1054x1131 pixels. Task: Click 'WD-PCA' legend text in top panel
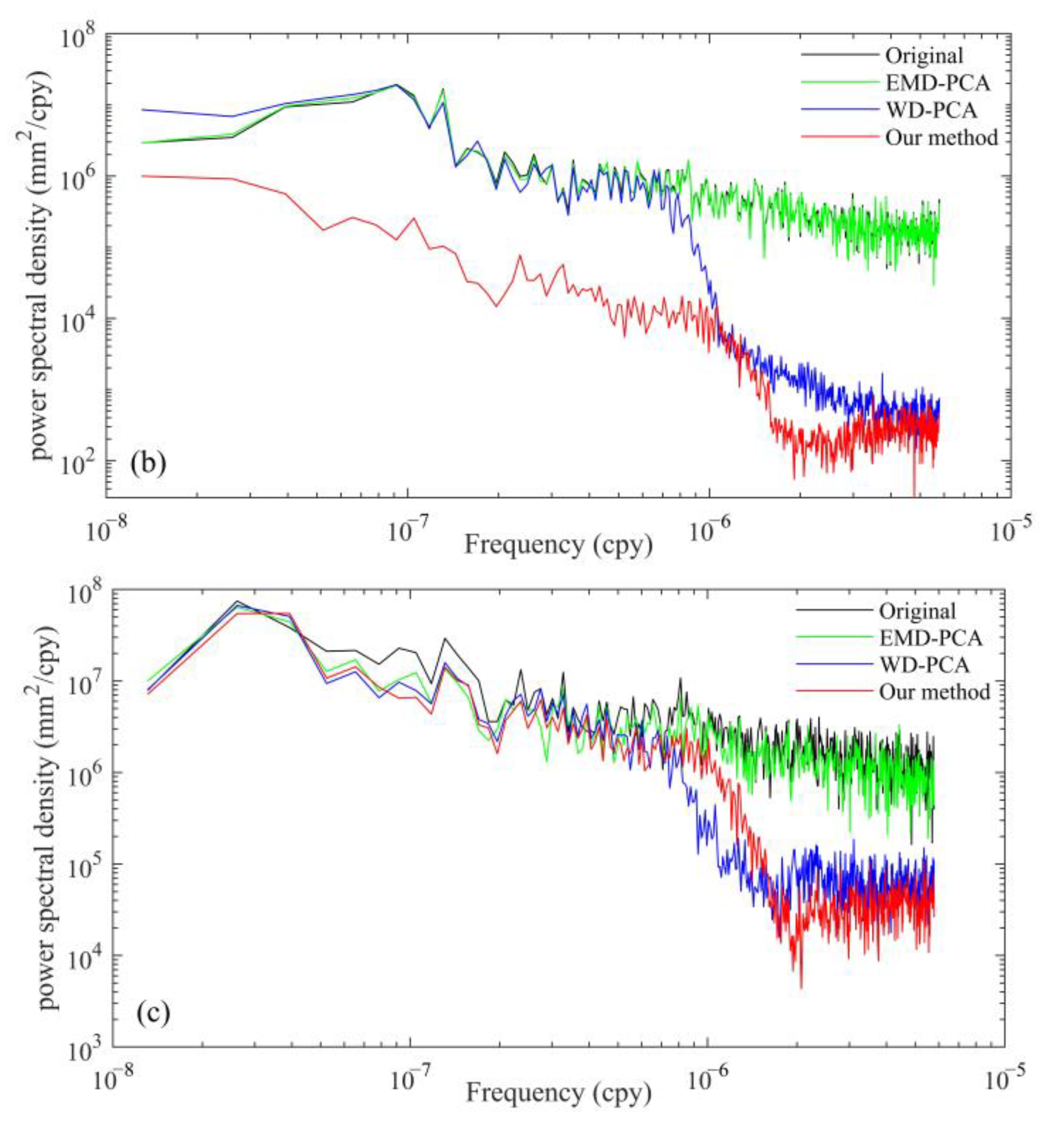pyautogui.click(x=931, y=110)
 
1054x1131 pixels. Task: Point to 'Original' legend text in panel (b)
pyautogui.click(x=924, y=55)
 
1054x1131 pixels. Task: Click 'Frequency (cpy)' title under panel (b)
pyautogui.click(x=558, y=544)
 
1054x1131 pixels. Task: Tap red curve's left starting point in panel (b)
pyautogui.click(x=142, y=176)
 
